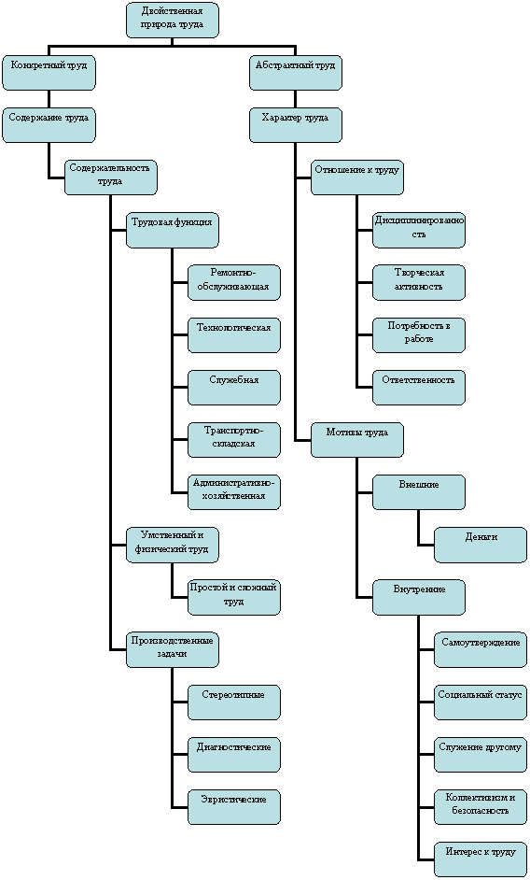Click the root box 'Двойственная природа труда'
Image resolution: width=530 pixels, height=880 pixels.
tap(173, 21)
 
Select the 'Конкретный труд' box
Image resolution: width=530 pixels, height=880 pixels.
tap(49, 72)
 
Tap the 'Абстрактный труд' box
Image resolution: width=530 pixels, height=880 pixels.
tap(296, 72)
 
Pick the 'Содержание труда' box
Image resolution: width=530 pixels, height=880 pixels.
tap(49, 125)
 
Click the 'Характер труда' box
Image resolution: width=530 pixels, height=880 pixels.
tap(296, 125)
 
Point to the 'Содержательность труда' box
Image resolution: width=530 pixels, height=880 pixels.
tap(110, 177)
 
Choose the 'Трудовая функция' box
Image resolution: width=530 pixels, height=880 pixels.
tap(173, 230)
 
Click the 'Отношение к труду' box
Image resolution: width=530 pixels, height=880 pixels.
tap(357, 177)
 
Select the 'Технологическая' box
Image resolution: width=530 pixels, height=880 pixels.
tap(234, 335)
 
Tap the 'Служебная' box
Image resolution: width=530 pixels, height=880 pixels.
tap(234, 388)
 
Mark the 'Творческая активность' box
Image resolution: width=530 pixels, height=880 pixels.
tap(419, 282)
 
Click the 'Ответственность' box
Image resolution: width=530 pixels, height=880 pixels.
tap(419, 388)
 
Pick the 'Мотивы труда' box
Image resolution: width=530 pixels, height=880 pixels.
tap(357, 440)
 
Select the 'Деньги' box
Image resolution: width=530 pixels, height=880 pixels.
tap(481, 545)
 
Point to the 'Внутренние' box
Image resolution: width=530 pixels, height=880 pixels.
tap(419, 597)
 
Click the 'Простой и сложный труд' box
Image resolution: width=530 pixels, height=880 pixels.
tap(234, 597)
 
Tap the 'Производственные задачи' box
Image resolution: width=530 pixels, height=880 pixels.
tap(173, 650)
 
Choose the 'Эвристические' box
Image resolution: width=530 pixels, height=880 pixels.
tap(234, 807)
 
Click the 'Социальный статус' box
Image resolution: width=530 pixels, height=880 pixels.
tap(481, 703)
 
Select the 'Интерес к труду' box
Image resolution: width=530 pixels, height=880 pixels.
tap(481, 859)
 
